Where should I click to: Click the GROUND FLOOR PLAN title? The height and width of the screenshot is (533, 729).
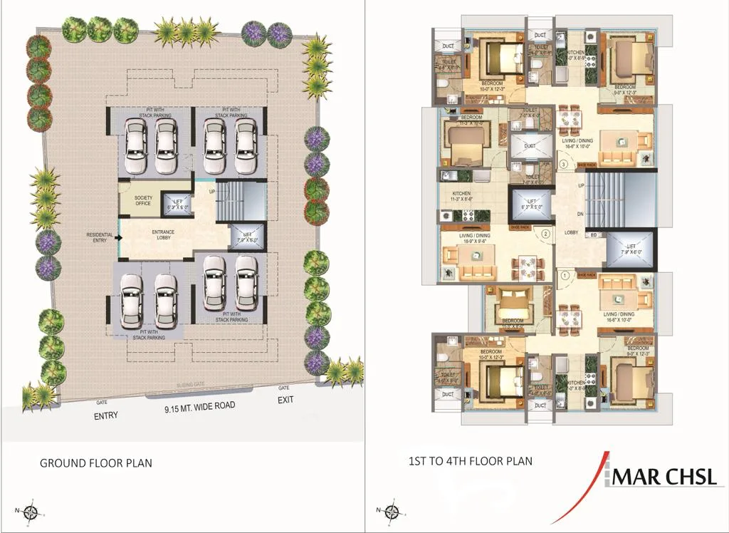(x=95, y=462)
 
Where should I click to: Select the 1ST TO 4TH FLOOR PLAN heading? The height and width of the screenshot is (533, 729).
(x=470, y=461)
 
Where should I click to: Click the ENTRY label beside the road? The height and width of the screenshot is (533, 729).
(x=105, y=415)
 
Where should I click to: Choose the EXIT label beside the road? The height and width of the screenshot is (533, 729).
(x=285, y=400)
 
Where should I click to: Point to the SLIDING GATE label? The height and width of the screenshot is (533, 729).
(x=190, y=385)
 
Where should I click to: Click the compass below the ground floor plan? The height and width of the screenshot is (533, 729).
(x=31, y=511)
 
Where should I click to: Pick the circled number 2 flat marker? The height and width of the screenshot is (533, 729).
(x=545, y=232)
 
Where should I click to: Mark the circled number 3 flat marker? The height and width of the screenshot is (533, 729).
(x=563, y=164)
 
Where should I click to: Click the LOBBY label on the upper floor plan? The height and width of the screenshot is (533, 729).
(x=570, y=232)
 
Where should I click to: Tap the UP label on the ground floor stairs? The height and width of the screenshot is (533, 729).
(x=211, y=191)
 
